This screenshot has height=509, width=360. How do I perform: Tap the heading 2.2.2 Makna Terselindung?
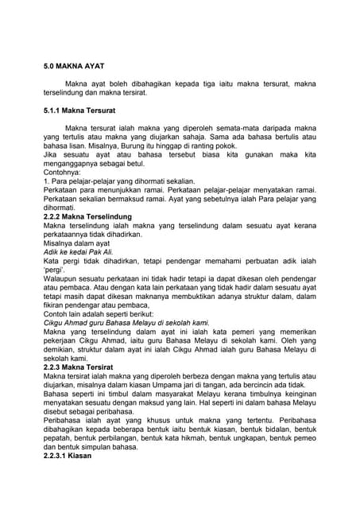pos(87,216)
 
